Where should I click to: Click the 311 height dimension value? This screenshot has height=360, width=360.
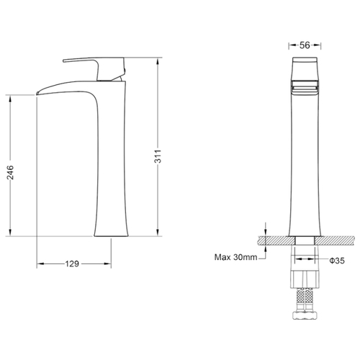[158, 156]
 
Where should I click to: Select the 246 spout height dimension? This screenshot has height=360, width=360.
[10, 172]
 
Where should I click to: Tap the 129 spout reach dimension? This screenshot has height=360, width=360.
[72, 264]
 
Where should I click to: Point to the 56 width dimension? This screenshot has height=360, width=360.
[305, 45]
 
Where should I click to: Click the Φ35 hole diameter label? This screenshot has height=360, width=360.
[337, 261]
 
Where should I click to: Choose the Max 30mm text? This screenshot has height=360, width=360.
[235, 257]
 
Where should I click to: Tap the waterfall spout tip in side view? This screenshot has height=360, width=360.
[37, 93]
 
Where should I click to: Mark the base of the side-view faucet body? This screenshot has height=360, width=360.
[111, 235]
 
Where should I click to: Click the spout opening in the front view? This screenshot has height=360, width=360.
[305, 89]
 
